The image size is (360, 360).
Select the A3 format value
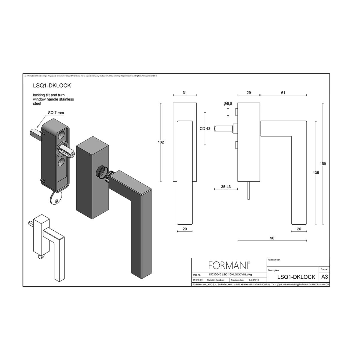(325, 277)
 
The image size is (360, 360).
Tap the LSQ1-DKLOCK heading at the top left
(52, 85)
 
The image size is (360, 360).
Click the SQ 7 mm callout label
(56, 113)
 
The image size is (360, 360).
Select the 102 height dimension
(161, 142)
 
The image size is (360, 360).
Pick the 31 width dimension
(184, 93)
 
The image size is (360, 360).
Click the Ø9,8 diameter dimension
(228, 103)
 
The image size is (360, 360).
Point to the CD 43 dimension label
(205, 129)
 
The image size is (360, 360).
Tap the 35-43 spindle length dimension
(226, 187)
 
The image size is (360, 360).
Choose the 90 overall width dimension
(272, 238)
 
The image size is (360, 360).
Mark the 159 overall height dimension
(323, 164)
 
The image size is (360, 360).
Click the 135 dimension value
(316, 173)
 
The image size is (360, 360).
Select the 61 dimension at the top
(283, 93)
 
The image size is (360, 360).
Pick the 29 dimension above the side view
(249, 93)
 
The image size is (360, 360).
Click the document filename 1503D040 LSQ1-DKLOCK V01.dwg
(230, 274)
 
